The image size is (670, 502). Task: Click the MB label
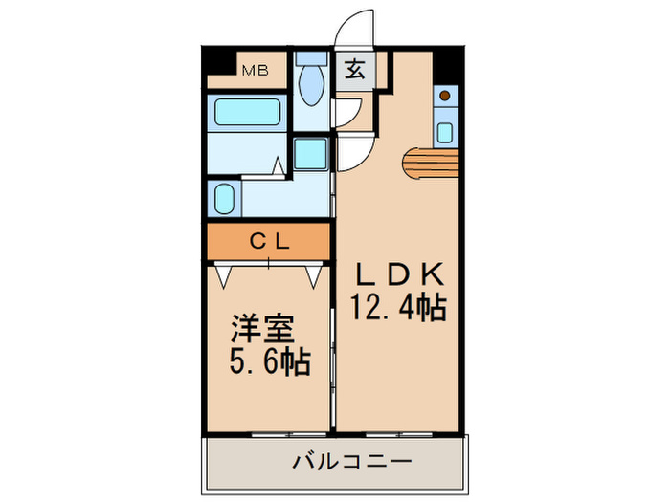coord(254,70)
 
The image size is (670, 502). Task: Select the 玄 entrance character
coord(354,69)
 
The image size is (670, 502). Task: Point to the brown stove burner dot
coord(445,96)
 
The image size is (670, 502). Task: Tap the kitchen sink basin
coord(445,128)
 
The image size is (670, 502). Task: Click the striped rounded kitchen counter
coord(430,164)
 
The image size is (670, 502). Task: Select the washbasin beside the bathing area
coord(224,200)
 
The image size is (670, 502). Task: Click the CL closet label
coord(269,242)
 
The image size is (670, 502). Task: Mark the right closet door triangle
coord(314,275)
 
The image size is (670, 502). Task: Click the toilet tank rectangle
coord(310,56)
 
